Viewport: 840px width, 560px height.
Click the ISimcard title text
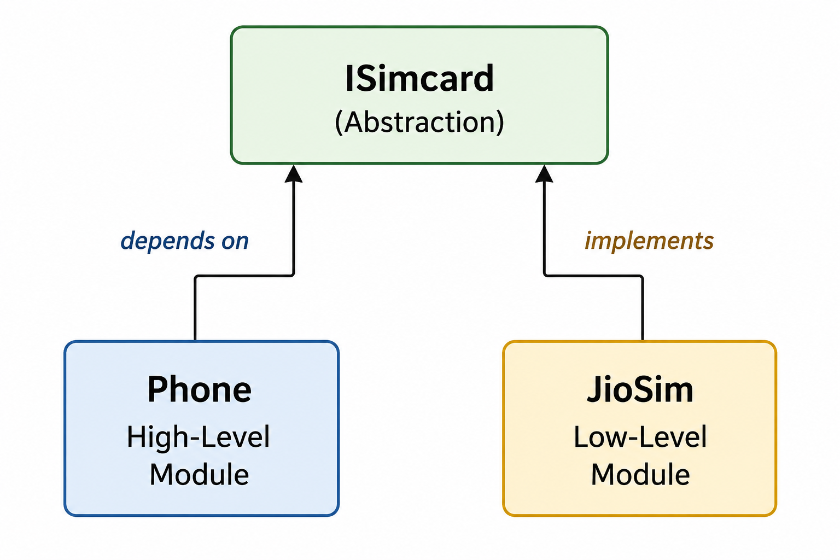(419, 78)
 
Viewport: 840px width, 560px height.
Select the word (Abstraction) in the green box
(419, 122)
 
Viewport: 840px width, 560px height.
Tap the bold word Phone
(200, 389)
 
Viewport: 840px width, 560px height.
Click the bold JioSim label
(640, 389)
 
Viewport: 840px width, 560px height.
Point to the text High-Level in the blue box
(199, 437)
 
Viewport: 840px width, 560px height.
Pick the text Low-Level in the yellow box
(640, 437)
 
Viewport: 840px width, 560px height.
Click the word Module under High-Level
(200, 475)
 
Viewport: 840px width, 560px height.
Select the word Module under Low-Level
(640, 475)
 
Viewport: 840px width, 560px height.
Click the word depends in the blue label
(168, 241)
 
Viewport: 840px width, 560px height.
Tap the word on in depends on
(235, 242)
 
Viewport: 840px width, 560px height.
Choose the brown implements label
(649, 241)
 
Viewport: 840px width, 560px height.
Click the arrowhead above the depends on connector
(293, 174)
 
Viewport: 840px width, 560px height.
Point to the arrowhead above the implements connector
(544, 174)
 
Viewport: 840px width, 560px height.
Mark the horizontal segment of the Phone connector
(244, 276)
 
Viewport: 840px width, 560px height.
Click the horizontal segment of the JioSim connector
(593, 276)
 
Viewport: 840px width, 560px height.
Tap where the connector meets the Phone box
(195, 341)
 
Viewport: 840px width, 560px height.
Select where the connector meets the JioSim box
(643, 341)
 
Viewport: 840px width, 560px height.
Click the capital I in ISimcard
(349, 78)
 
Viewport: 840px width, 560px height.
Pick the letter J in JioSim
(594, 389)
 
